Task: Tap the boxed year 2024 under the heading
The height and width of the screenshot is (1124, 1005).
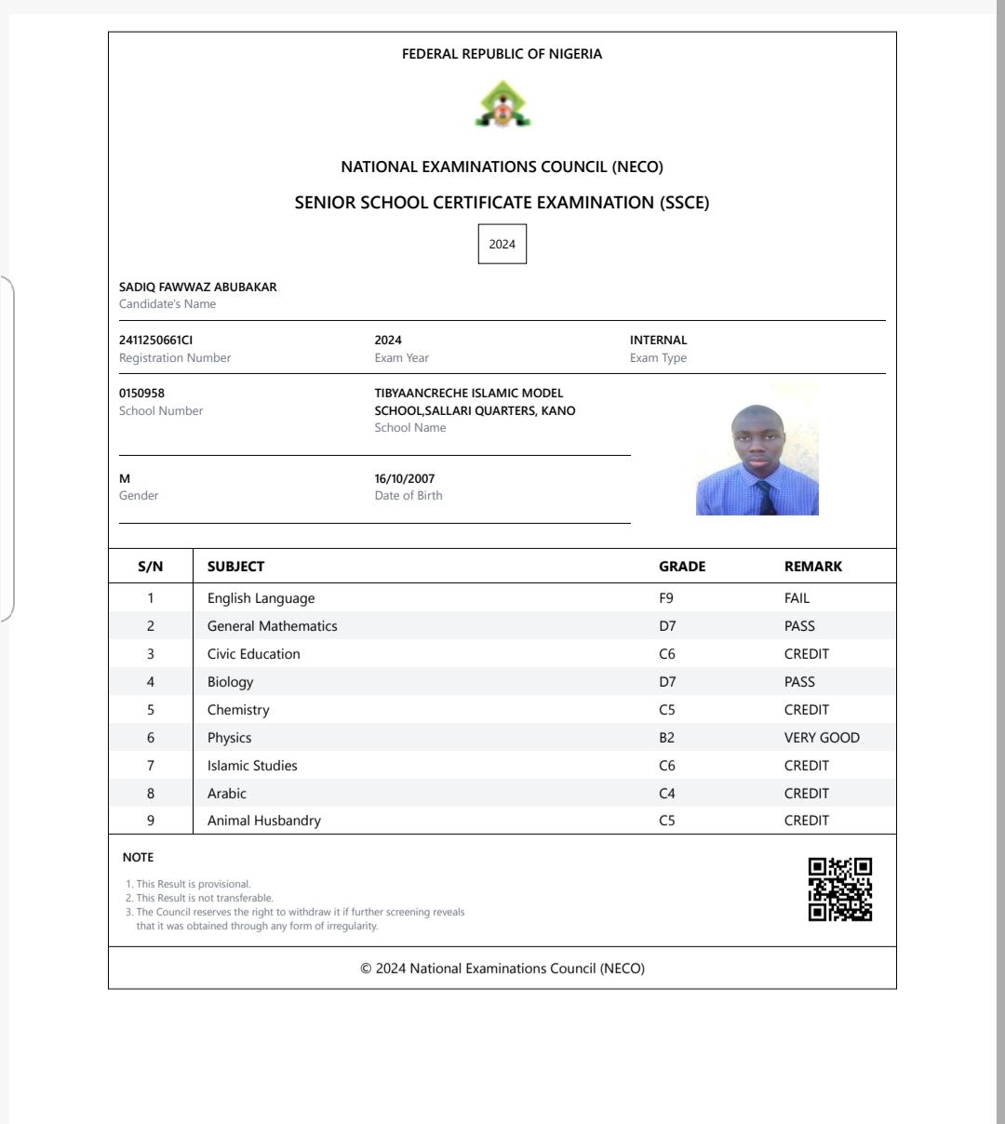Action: pos(502,244)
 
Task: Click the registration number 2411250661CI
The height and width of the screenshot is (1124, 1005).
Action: pos(156,341)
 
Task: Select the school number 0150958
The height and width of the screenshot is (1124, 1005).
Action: pos(142,394)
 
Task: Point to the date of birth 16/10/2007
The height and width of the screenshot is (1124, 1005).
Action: pos(405,479)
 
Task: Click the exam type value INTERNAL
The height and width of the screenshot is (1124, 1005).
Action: pos(658,341)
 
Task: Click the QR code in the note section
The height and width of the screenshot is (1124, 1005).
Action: pos(840,890)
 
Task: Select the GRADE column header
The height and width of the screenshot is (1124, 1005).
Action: pos(682,567)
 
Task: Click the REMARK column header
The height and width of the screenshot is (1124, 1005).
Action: pos(813,567)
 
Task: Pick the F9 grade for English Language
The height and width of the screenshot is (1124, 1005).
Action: pos(666,598)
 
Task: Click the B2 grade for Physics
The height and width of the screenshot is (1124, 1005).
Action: pos(666,738)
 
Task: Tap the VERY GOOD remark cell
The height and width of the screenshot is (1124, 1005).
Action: pos(822,738)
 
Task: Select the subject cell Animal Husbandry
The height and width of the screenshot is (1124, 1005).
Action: pos(264,821)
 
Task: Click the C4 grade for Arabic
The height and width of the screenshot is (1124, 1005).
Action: pos(666,794)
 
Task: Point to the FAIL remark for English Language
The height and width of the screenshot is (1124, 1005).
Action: pos(797,598)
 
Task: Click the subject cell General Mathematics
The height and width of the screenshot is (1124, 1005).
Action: pos(273,626)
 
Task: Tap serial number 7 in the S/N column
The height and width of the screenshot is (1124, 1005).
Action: pos(151,766)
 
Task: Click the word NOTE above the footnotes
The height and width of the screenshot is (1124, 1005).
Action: pos(138,857)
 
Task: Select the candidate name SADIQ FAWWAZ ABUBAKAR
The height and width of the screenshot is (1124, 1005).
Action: pos(198,288)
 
